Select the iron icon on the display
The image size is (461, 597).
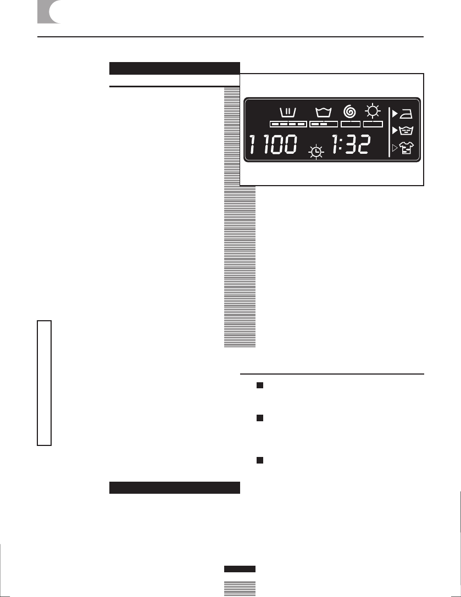pos(409,114)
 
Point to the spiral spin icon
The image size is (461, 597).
pos(349,111)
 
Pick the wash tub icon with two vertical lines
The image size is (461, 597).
pos(288,113)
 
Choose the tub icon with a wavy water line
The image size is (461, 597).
pos(323,113)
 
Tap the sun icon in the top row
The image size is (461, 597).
pos(373,112)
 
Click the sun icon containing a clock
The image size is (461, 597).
pos(316,152)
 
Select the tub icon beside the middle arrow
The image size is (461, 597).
pos(409,131)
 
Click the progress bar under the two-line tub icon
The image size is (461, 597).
pos(288,124)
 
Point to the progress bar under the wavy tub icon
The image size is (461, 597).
pos(323,124)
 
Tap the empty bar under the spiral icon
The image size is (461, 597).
pos(350,124)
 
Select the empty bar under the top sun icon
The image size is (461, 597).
pos(373,124)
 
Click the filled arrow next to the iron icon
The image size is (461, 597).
pos(395,114)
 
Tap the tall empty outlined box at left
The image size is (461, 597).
pos(44,383)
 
